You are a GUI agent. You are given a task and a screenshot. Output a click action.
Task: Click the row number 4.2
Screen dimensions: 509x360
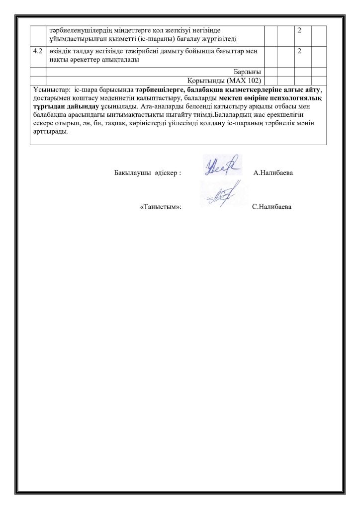click(x=37, y=51)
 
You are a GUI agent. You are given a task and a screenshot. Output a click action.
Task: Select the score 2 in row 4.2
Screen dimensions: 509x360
click(x=300, y=51)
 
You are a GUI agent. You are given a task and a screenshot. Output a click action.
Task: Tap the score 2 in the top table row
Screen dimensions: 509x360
click(x=300, y=31)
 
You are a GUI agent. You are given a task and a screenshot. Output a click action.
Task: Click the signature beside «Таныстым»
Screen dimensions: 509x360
click(x=219, y=198)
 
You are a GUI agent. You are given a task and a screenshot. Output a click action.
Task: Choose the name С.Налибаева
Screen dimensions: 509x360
click(x=272, y=206)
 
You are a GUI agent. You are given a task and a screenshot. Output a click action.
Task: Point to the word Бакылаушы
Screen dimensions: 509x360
click(x=131, y=173)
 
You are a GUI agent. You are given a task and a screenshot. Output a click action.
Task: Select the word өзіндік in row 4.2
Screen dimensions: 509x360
click(x=61, y=51)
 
